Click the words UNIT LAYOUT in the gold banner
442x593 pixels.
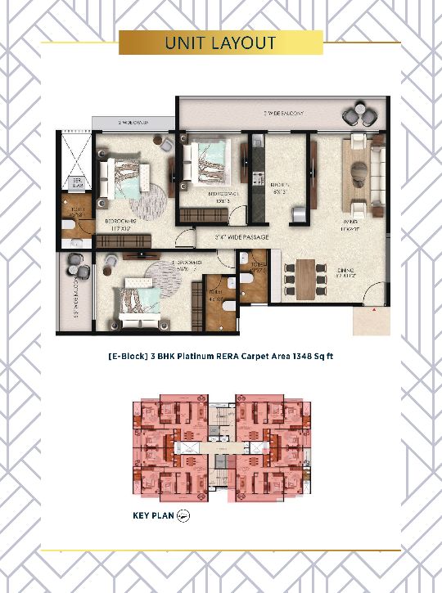point(220,43)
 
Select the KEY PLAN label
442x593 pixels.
point(153,515)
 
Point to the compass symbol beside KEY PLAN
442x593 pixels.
point(184,515)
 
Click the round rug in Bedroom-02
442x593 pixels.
point(147,200)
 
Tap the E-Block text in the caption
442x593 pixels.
point(126,357)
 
